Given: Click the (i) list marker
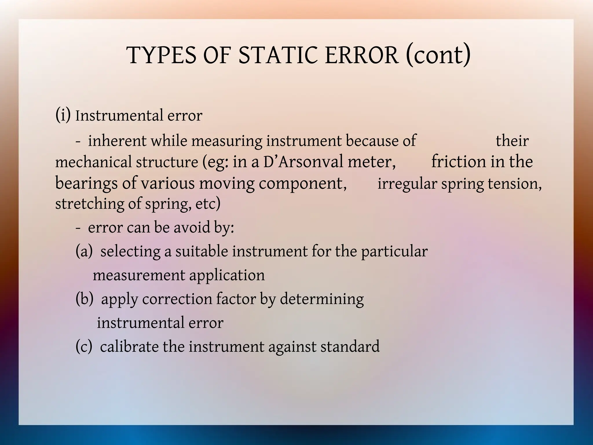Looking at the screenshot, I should [x=63, y=115].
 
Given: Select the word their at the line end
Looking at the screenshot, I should [x=512, y=141].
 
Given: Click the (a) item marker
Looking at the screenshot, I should [x=84, y=251].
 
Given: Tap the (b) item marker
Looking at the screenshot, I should [x=84, y=299].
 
